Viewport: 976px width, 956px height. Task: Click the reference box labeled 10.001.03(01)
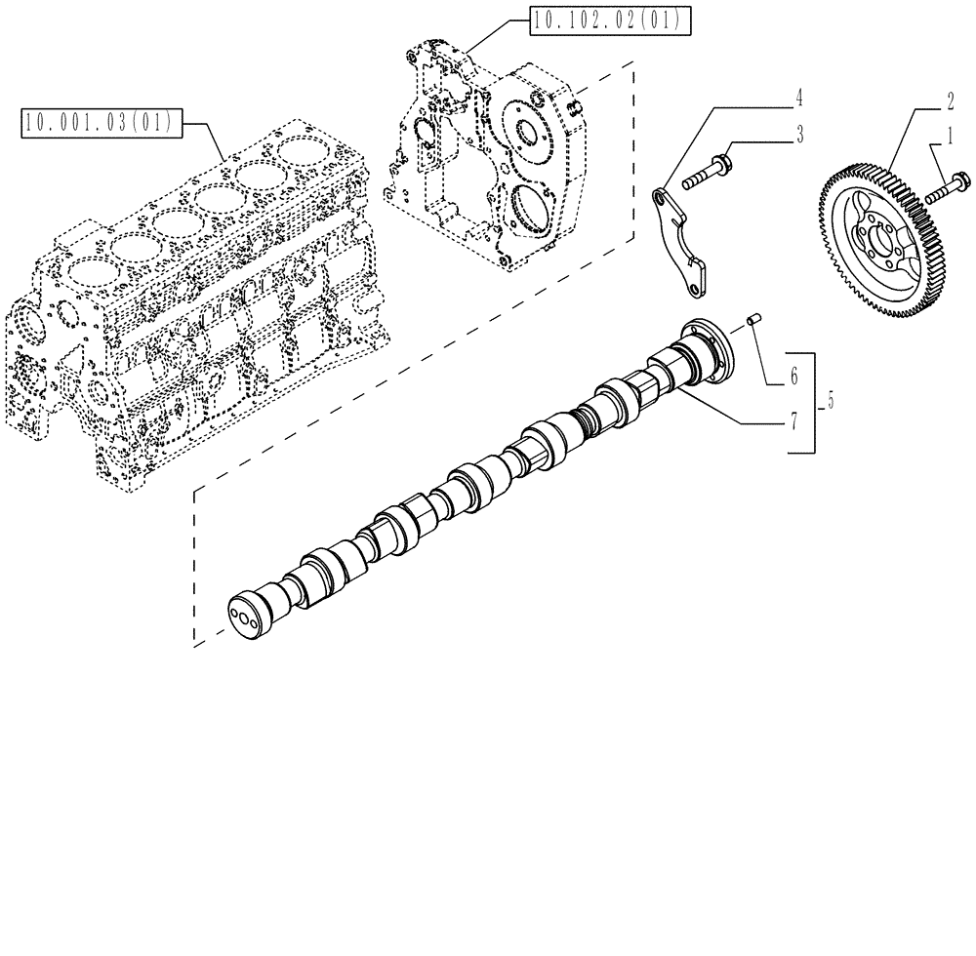click(98, 123)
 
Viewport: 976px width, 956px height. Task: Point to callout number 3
click(798, 136)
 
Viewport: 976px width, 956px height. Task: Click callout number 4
click(798, 98)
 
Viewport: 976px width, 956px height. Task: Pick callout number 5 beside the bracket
click(830, 399)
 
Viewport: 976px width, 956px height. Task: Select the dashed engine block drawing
click(185, 302)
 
